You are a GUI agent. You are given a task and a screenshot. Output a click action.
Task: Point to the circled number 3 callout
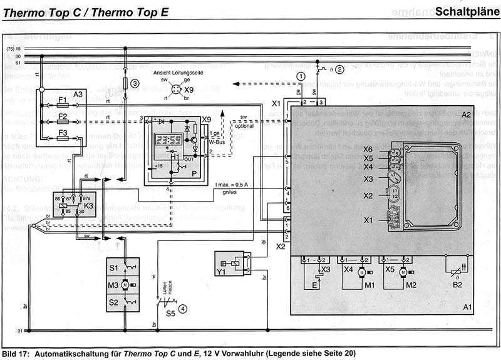coord(134,84)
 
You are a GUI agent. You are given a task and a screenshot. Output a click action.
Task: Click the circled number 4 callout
coord(182,307)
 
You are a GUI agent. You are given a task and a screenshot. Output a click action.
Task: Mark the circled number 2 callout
coord(340,69)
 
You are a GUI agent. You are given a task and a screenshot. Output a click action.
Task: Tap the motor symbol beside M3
coord(125,285)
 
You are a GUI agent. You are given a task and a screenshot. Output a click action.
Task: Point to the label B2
coord(458,285)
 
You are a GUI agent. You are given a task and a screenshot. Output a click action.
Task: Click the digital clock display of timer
coord(169,139)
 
